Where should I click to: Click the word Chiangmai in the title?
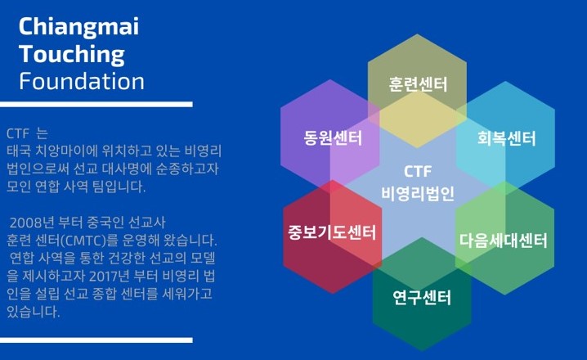pyautogui.click(x=78, y=28)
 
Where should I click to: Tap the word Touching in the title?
pyautogui.click(x=71, y=55)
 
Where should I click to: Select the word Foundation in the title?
pyautogui.click(x=82, y=81)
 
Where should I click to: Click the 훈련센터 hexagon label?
pyautogui.click(x=418, y=84)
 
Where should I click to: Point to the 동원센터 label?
pyautogui.click(x=333, y=137)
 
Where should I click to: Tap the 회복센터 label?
pyautogui.click(x=506, y=138)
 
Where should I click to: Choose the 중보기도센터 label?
pyautogui.click(x=332, y=232)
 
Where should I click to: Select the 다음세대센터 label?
pyautogui.click(x=503, y=240)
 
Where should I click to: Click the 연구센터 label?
pyautogui.click(x=422, y=298)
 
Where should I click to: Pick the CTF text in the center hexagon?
pyautogui.click(x=418, y=172)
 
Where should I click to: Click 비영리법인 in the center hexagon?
pyautogui.click(x=418, y=194)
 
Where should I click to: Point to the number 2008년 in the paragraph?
pyautogui.click(x=32, y=223)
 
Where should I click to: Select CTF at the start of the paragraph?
pyautogui.click(x=18, y=133)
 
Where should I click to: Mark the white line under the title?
pyautogui.click(x=96, y=104)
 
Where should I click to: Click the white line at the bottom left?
pyautogui.click(x=96, y=340)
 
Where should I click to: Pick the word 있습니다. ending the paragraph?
pyautogui.click(x=34, y=312)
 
